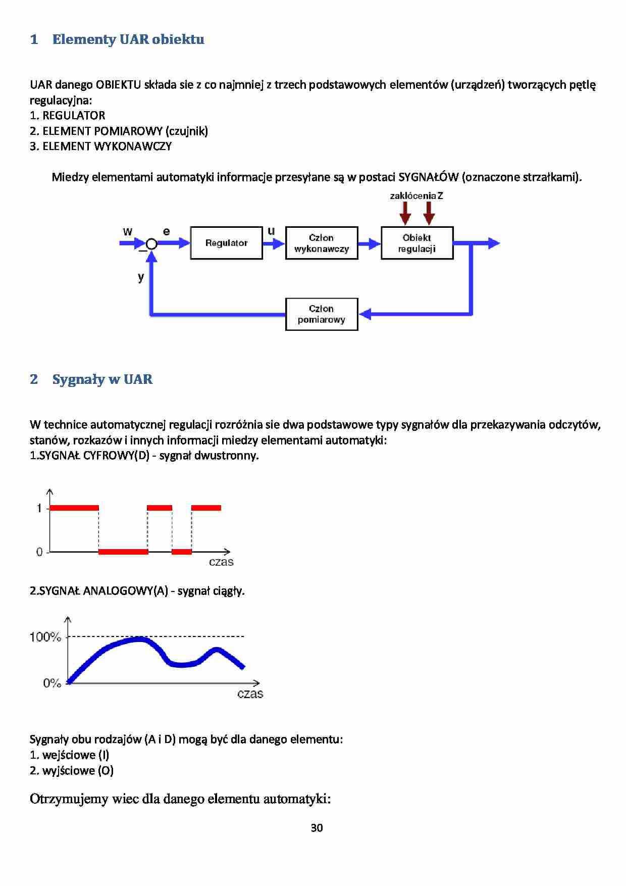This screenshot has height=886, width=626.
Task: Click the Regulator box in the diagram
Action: (226, 243)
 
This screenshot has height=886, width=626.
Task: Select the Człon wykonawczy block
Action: (322, 243)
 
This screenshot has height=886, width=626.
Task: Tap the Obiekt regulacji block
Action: (417, 243)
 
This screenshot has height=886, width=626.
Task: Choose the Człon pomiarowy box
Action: (322, 314)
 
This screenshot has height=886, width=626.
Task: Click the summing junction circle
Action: (151, 244)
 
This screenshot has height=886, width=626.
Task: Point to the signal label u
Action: (271, 231)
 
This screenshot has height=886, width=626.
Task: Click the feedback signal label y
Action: (141, 277)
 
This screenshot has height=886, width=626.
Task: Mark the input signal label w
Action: (127, 232)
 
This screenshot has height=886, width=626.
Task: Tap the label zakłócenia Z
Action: (416, 195)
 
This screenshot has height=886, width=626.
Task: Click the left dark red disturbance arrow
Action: (405, 213)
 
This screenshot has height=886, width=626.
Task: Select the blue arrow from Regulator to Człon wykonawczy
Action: (274, 243)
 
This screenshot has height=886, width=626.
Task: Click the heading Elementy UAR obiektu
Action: (128, 39)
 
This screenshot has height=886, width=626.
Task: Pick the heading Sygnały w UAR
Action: (102, 379)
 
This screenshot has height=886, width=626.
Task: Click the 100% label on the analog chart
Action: (45, 637)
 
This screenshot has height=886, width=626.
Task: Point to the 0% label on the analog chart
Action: (51, 683)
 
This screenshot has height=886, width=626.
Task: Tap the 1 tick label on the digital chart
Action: (39, 508)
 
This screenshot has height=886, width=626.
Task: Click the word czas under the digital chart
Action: (221, 562)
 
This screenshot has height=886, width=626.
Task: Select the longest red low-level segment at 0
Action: (123, 552)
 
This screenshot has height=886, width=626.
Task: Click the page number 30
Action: (317, 828)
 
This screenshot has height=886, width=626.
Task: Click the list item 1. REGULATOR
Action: (68, 116)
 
